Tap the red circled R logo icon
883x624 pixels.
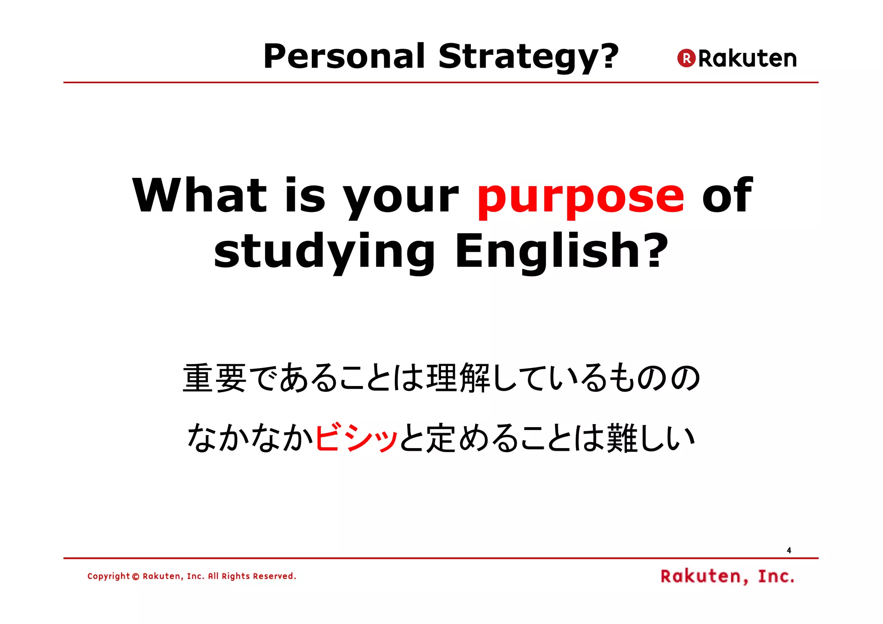(686, 58)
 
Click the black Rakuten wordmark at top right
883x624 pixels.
(747, 59)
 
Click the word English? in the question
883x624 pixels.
(561, 251)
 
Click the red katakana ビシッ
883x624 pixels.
(356, 438)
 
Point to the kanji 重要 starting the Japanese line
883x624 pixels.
(215, 378)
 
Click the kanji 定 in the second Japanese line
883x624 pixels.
(441, 438)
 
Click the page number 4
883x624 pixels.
(789, 550)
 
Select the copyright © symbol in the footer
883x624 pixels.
(136, 577)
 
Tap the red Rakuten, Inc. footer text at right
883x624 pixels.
(727, 576)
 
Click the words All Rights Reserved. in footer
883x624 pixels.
(252, 576)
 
